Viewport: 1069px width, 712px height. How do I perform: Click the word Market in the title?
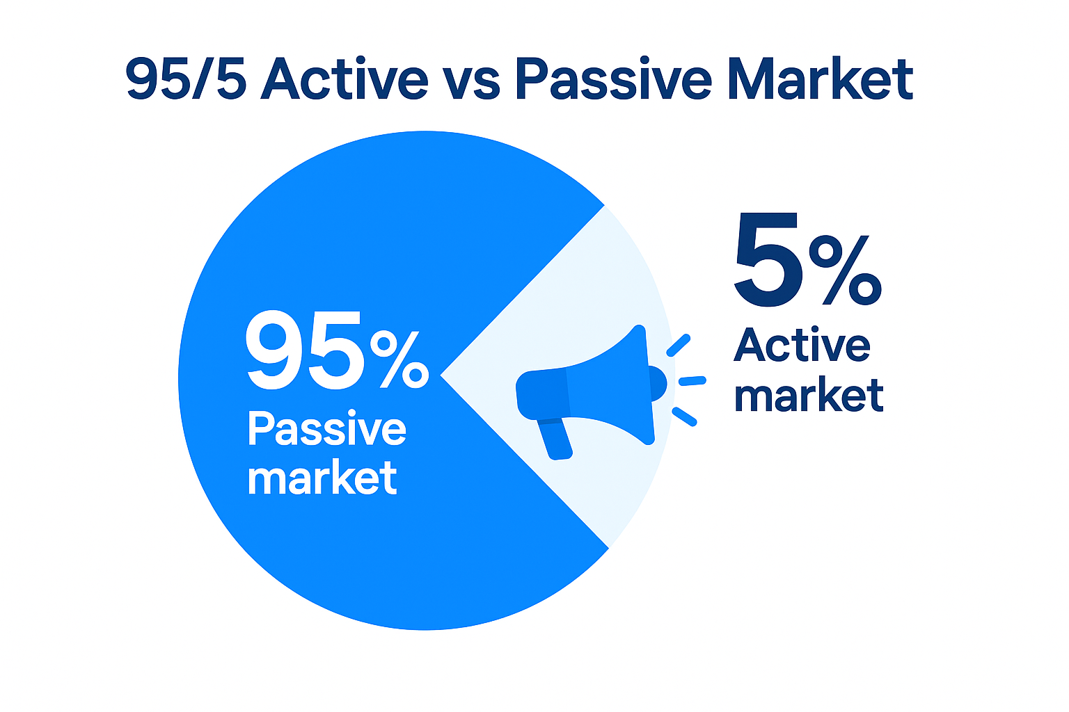click(819, 79)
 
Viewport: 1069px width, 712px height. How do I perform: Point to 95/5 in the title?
click(185, 79)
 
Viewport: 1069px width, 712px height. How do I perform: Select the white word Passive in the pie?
click(326, 430)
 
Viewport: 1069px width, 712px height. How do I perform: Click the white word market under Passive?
click(322, 478)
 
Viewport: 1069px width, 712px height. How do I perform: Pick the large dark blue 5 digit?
click(768, 261)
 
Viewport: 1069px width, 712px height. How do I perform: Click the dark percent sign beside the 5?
click(844, 270)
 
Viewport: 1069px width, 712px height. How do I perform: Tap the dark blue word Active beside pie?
click(802, 345)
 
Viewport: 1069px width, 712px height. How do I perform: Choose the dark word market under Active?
click(809, 396)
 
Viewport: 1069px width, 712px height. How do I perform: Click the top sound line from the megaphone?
click(679, 345)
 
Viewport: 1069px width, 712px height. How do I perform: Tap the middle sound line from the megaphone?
click(692, 380)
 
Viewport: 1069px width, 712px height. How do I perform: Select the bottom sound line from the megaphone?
click(684, 416)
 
